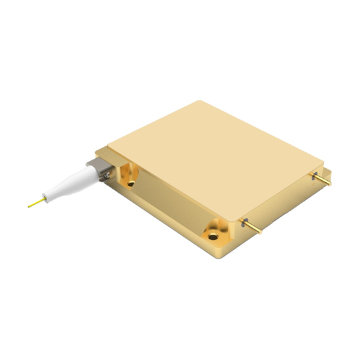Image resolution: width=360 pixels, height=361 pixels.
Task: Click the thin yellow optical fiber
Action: (36, 201)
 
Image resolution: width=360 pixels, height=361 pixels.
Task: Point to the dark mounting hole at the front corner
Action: (213, 235)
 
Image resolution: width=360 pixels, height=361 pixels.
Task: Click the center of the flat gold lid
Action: (213, 160)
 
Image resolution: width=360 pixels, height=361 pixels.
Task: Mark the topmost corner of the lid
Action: (200, 101)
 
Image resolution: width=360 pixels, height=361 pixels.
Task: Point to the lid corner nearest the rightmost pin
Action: (323, 162)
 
